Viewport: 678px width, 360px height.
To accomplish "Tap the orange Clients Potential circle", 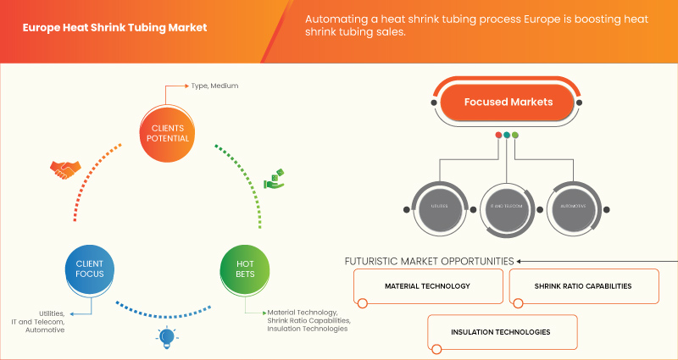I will (165, 133).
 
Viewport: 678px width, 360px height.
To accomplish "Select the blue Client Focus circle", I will (89, 269).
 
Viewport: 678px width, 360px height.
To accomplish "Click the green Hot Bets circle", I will (243, 269).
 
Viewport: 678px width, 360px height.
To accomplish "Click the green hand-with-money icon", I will (274, 180).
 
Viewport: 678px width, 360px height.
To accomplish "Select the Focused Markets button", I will (508, 102).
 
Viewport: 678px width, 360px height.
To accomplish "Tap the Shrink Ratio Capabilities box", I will (583, 286).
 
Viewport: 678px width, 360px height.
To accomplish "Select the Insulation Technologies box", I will (503, 331).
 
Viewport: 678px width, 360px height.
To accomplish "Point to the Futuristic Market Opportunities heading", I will (429, 261).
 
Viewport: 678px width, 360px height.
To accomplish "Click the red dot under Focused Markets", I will (497, 136).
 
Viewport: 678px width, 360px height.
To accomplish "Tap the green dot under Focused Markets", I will (515, 136).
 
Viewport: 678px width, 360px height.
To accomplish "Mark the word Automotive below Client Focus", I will (45, 330).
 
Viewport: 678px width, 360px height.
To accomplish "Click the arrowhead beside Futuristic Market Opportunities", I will (520, 261).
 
